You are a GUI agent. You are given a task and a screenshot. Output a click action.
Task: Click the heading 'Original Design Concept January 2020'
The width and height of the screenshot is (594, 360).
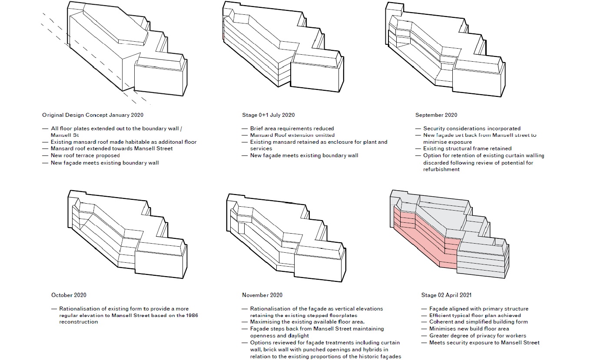[93, 115]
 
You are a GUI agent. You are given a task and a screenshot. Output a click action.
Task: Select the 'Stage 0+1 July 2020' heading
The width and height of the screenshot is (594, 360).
[268, 115]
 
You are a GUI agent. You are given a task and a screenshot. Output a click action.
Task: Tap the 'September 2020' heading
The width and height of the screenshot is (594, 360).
[436, 115]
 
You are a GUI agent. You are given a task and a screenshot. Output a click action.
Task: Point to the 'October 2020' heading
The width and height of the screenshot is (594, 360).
[68, 295]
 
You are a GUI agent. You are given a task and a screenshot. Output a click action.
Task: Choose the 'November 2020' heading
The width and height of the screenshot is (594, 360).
[262, 295]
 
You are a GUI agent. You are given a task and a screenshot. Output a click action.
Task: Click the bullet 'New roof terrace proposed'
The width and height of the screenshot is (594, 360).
[85, 155]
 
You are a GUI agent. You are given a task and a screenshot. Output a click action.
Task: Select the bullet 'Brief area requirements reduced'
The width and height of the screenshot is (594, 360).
[292, 129]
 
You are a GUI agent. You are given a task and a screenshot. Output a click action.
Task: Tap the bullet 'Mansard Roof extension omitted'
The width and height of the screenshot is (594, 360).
[292, 135]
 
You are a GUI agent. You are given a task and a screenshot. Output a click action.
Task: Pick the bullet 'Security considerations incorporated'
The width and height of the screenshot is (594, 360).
[471, 129]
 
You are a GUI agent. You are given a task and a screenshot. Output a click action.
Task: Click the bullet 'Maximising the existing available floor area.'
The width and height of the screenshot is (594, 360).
[307, 322]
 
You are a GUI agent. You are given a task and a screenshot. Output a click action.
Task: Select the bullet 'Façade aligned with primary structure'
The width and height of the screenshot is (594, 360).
[478, 309]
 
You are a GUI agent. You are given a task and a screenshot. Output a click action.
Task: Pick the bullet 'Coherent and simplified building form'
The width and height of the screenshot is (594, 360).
[478, 322]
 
